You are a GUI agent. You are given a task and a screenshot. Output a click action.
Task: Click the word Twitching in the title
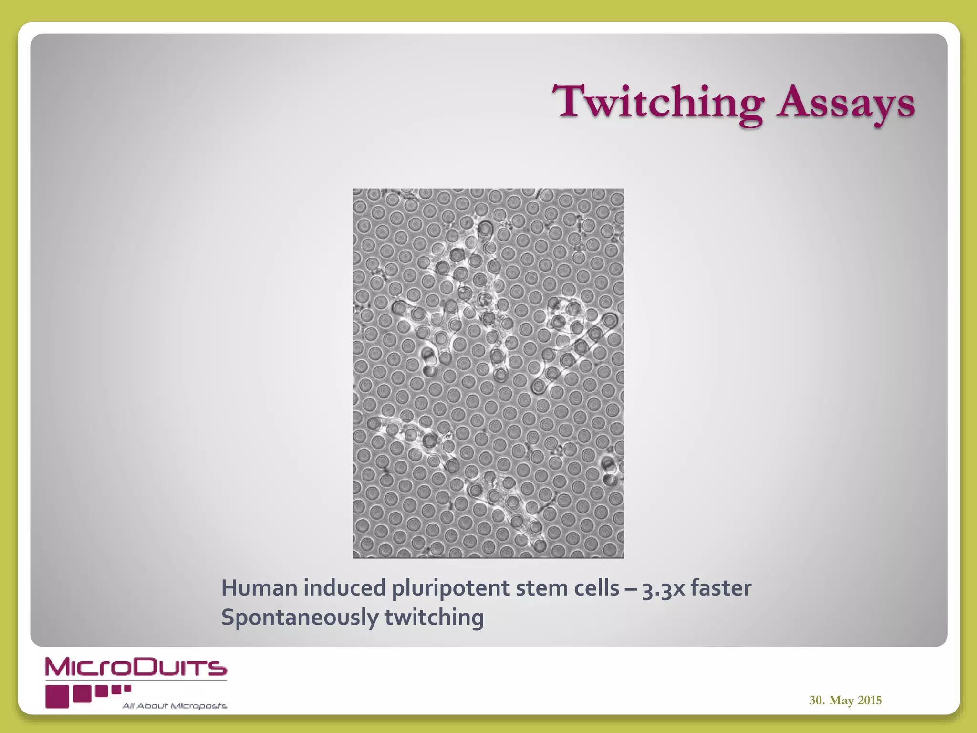pos(661,103)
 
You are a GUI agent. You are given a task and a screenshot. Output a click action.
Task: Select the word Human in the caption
pos(260,588)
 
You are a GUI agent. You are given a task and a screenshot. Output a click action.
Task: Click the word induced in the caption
pos(344,588)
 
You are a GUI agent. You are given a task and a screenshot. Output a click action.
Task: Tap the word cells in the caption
pos(596,588)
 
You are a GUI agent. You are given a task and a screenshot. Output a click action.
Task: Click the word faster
pos(721,588)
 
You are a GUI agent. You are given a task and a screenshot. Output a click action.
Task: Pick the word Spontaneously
pos(300,618)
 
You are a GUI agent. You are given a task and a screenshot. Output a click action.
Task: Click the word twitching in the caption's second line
pos(434,618)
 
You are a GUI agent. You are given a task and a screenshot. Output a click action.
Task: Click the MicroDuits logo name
pos(136,668)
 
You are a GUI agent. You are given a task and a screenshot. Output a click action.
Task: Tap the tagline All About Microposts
pos(175,706)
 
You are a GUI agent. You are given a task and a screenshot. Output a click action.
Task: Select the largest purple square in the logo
pos(57,697)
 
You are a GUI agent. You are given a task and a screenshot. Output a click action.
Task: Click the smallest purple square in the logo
pos(127,688)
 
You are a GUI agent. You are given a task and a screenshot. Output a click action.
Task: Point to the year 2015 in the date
pos(870,700)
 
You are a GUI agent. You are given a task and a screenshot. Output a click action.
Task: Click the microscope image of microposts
pos(488,373)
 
